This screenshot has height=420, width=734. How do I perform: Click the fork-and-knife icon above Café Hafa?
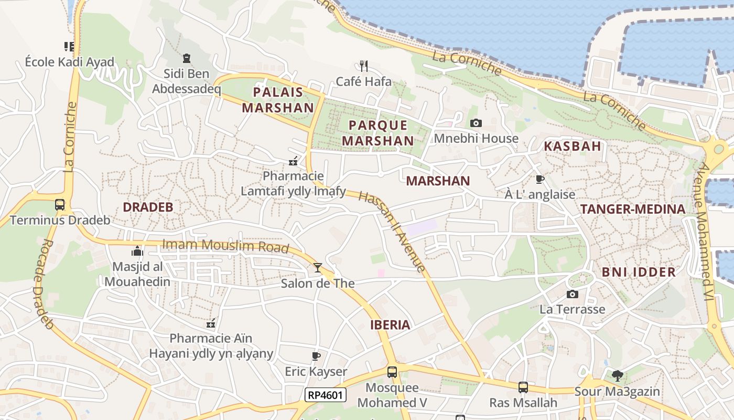coord(364,66)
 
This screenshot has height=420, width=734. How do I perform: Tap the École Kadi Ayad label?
coord(69,62)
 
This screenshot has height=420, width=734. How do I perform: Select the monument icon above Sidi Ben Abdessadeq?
coord(187,58)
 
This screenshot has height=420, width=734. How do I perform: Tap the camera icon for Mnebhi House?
coord(476,123)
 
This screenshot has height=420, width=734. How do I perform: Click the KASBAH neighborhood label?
coord(572,146)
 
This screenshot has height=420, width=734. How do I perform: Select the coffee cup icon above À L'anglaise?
coord(540,179)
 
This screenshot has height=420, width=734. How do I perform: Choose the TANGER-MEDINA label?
coord(632,209)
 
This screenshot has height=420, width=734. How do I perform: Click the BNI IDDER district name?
coord(639,272)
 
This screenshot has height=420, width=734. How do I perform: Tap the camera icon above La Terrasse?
coord(573,294)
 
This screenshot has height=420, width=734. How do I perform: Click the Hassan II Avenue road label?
coord(392,231)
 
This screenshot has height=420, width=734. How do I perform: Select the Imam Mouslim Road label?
coord(225,245)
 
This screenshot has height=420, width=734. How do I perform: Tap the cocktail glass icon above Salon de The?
coord(318,268)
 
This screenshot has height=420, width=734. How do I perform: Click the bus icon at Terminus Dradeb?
coord(60,204)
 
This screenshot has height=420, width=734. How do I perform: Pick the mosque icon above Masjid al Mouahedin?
coord(137,251)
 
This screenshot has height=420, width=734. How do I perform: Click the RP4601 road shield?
coord(326,395)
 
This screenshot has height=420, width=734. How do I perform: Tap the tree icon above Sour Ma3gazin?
coord(618,375)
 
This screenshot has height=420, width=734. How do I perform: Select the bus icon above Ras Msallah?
coord(523,387)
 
